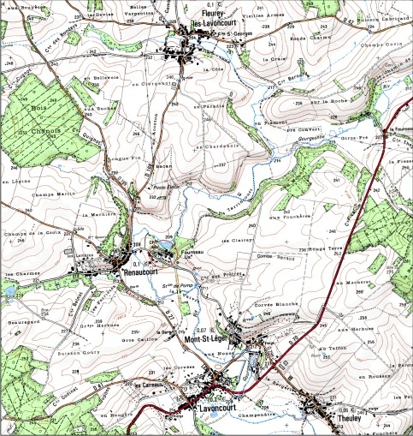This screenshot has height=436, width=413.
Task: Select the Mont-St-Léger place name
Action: click(x=208, y=340)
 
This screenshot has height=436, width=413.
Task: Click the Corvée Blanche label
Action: click(x=275, y=306)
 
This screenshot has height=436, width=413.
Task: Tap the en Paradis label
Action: click(x=209, y=107)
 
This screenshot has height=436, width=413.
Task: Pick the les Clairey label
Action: click(x=242, y=241)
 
